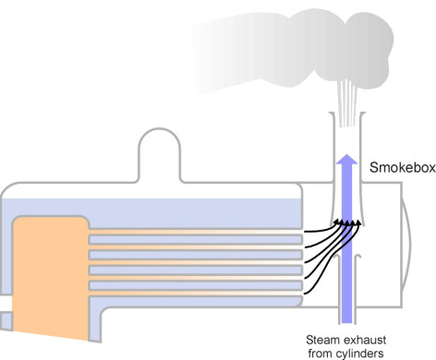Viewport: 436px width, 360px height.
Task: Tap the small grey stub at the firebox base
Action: [6, 320]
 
